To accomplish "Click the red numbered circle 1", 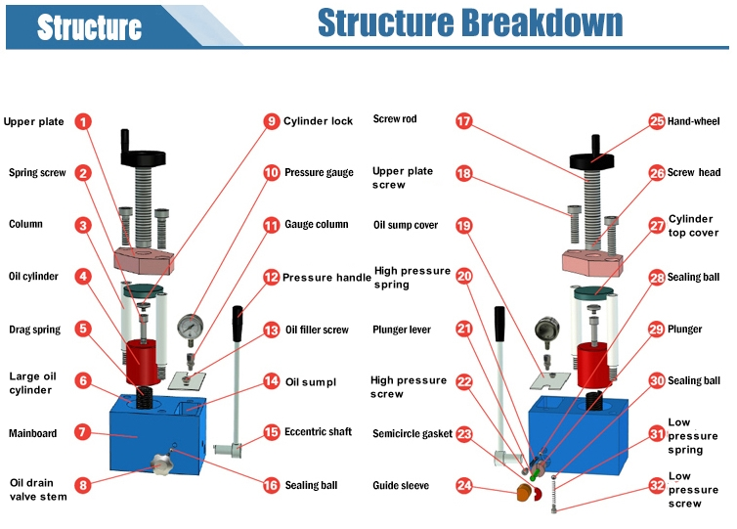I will (x=84, y=122).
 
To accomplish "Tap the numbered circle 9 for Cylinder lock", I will (x=271, y=121).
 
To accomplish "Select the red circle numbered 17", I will (x=464, y=121).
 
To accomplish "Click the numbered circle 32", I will (x=657, y=484).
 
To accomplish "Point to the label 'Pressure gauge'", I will (x=319, y=173).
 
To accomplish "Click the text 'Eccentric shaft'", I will (x=317, y=432).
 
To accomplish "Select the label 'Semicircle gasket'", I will (x=412, y=433).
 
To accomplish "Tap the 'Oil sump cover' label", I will (x=406, y=225).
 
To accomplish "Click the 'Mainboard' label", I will (x=33, y=433).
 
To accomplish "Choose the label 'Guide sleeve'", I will (x=401, y=485).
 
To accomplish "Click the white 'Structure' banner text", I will (x=89, y=27).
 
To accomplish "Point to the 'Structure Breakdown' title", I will (x=470, y=22).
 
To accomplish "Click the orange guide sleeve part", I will (x=525, y=492).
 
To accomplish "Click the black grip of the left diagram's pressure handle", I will (x=238, y=318).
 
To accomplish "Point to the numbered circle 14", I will (x=271, y=380).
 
